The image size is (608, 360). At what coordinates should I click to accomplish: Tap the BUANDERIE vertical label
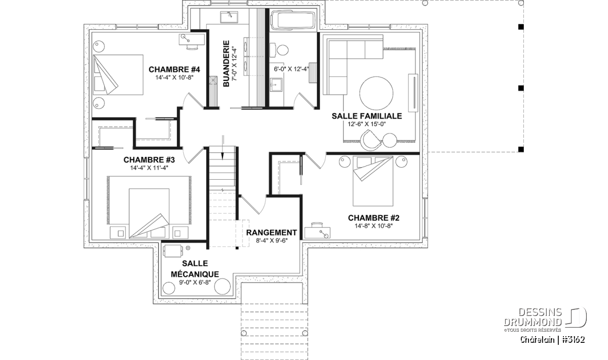tap(226, 63)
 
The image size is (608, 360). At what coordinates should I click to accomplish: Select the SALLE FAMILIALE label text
tap(366, 116)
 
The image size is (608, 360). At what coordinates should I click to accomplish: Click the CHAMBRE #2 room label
tap(373, 218)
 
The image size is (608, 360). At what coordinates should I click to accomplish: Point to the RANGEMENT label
tap(272, 233)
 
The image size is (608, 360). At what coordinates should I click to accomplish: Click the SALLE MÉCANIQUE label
tap(194, 269)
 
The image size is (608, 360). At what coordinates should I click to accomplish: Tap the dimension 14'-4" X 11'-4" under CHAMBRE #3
tap(141, 168)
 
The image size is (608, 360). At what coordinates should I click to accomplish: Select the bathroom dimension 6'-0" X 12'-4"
tap(291, 69)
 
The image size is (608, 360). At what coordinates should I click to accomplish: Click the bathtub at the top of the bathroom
tap(293, 21)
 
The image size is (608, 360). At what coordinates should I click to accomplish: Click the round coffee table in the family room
tap(376, 93)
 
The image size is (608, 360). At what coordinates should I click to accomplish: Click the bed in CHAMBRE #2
tap(373, 175)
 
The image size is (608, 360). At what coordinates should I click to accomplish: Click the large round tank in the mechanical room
tap(222, 286)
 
